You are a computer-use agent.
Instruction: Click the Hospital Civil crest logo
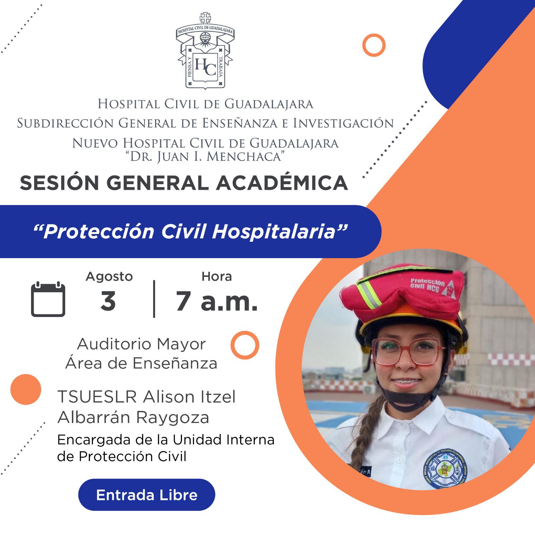click(x=205, y=50)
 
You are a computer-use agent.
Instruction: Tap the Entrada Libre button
click(x=146, y=495)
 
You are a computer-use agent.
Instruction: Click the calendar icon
click(x=48, y=299)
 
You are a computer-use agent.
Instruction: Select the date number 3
click(x=108, y=301)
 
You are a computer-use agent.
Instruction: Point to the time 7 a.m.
click(x=217, y=301)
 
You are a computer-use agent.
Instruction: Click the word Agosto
click(x=109, y=277)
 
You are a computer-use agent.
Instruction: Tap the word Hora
click(x=217, y=276)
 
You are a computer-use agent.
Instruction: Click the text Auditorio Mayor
click(x=141, y=344)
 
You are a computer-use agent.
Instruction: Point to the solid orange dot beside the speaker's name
click(x=26, y=389)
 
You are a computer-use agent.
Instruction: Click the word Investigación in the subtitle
click(x=343, y=123)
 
